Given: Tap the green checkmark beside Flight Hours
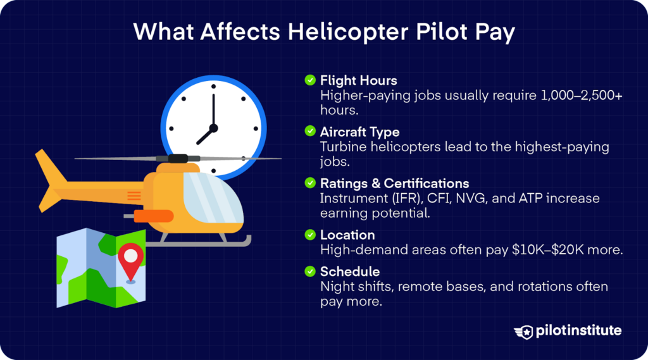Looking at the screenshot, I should tap(310, 80).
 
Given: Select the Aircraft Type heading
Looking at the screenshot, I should tap(359, 132).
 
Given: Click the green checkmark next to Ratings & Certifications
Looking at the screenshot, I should tap(310, 183).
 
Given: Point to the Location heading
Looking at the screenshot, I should tap(347, 235).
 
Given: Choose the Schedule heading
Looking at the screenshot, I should tap(350, 271).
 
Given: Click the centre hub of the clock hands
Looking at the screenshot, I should tap(213, 128).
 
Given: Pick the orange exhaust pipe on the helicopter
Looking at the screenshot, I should tap(153, 216).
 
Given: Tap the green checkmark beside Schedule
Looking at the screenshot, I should tap(310, 271).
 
